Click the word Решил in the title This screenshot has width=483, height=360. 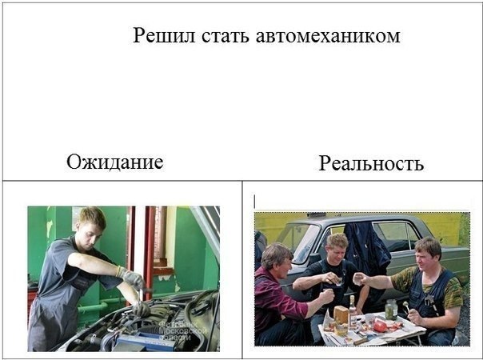tap(164, 35)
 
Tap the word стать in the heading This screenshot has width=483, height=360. tap(226, 36)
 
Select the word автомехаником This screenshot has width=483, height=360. tap(328, 36)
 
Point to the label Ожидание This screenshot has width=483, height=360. tap(115, 162)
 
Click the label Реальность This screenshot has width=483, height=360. tap(371, 162)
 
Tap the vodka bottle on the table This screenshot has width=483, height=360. tap(353, 311)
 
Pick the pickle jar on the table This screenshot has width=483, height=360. tap(391, 309)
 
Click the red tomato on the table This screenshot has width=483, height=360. tap(380, 326)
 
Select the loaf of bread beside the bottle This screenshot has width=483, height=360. tap(341, 315)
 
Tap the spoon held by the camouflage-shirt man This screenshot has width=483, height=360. tap(407, 308)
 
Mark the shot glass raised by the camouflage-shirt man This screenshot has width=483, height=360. tap(357, 279)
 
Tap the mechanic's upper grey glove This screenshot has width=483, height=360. tap(132, 277)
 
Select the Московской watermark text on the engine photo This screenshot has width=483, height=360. tap(182, 331)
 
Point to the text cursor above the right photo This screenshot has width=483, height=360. tap(254, 202)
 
